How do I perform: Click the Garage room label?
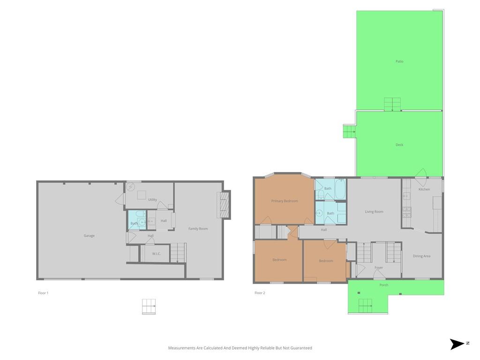[89, 236]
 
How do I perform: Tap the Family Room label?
[198, 229]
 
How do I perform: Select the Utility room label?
[152, 200]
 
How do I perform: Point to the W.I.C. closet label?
[157, 254]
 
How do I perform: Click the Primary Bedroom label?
[285, 201]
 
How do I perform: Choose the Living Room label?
[374, 211]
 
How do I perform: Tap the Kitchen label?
[424, 189]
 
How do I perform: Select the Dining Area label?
[421, 256]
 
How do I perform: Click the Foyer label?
[379, 268]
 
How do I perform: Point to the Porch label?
[384, 285]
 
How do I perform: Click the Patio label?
[399, 61]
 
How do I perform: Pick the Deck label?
[399, 145]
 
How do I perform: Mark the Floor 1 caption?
[43, 293]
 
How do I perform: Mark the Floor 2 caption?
[260, 293]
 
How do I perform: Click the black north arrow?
[457, 344]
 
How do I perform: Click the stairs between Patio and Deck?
[392, 105]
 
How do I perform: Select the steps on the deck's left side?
[349, 132]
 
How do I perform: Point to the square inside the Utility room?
[142, 195]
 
